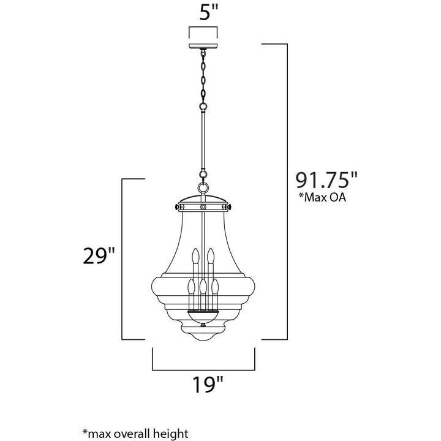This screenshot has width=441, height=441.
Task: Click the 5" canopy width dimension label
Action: [209, 13]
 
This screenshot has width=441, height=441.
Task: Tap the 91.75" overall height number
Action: [326, 180]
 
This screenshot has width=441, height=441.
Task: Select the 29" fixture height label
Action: [99, 255]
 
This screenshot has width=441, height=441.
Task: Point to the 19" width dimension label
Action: [208, 385]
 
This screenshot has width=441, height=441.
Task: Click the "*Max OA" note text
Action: [322, 197]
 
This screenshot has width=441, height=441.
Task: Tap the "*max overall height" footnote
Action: [135, 433]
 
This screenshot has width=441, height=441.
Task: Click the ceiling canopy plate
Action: [203, 46]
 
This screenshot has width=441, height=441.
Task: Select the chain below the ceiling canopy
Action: [203, 79]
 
